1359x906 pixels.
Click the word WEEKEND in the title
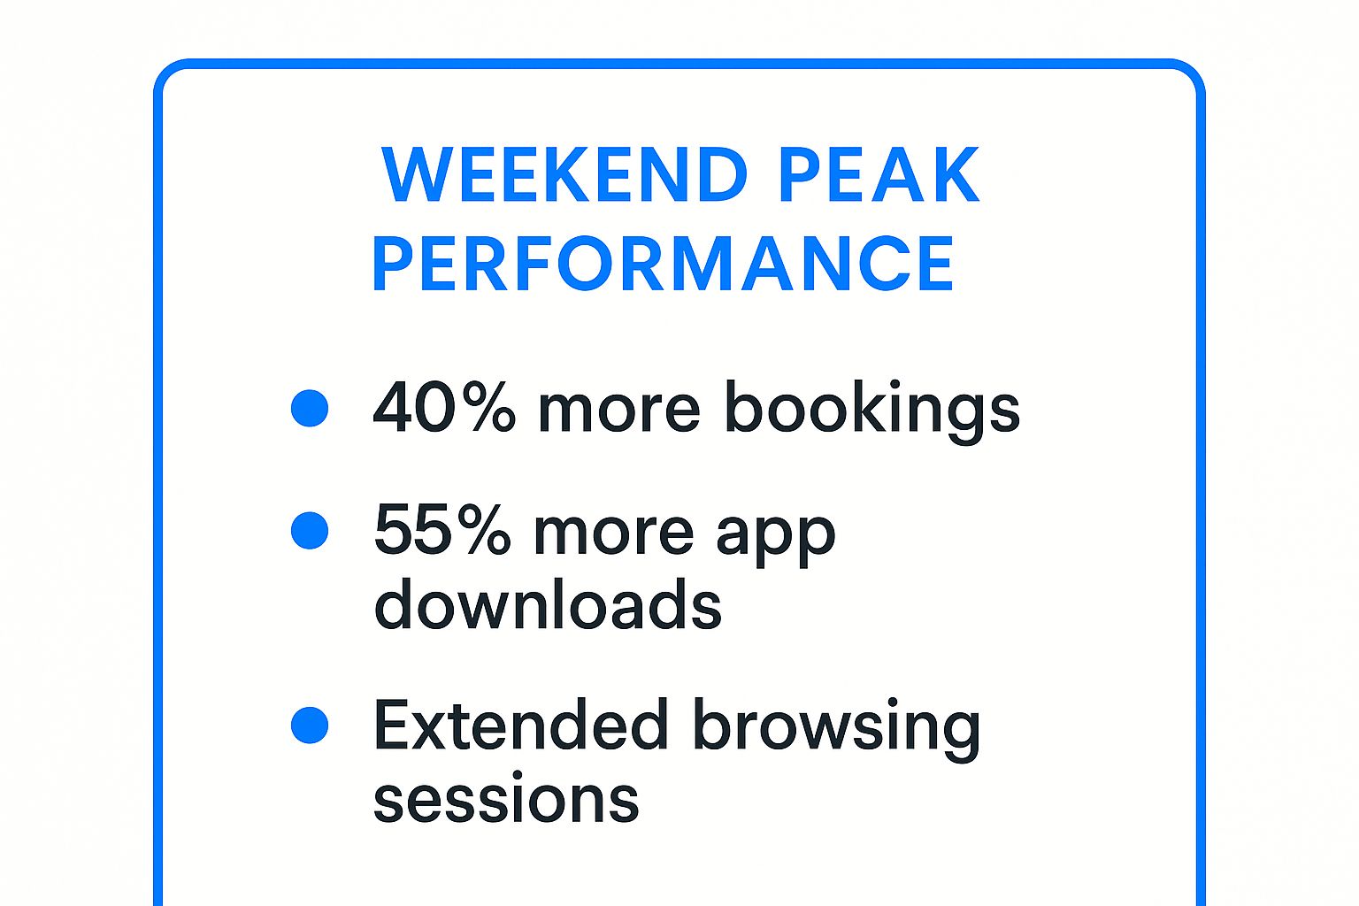[x=564, y=174]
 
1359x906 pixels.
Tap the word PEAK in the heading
[x=879, y=174]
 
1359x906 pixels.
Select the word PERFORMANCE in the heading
[x=663, y=263]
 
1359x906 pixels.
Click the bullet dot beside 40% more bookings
[x=310, y=408]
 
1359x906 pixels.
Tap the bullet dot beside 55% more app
[x=310, y=531]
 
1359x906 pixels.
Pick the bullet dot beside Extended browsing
[x=310, y=726]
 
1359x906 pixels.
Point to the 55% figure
[x=442, y=531]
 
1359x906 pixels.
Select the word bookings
[x=871, y=410]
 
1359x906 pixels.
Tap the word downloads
[x=548, y=604]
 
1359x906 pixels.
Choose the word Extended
[x=520, y=725]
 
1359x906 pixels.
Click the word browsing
[x=836, y=727]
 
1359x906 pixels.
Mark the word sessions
[x=506, y=799]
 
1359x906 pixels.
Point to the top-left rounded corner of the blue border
[x=168, y=74]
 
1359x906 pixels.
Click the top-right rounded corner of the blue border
[x=1190, y=74]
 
